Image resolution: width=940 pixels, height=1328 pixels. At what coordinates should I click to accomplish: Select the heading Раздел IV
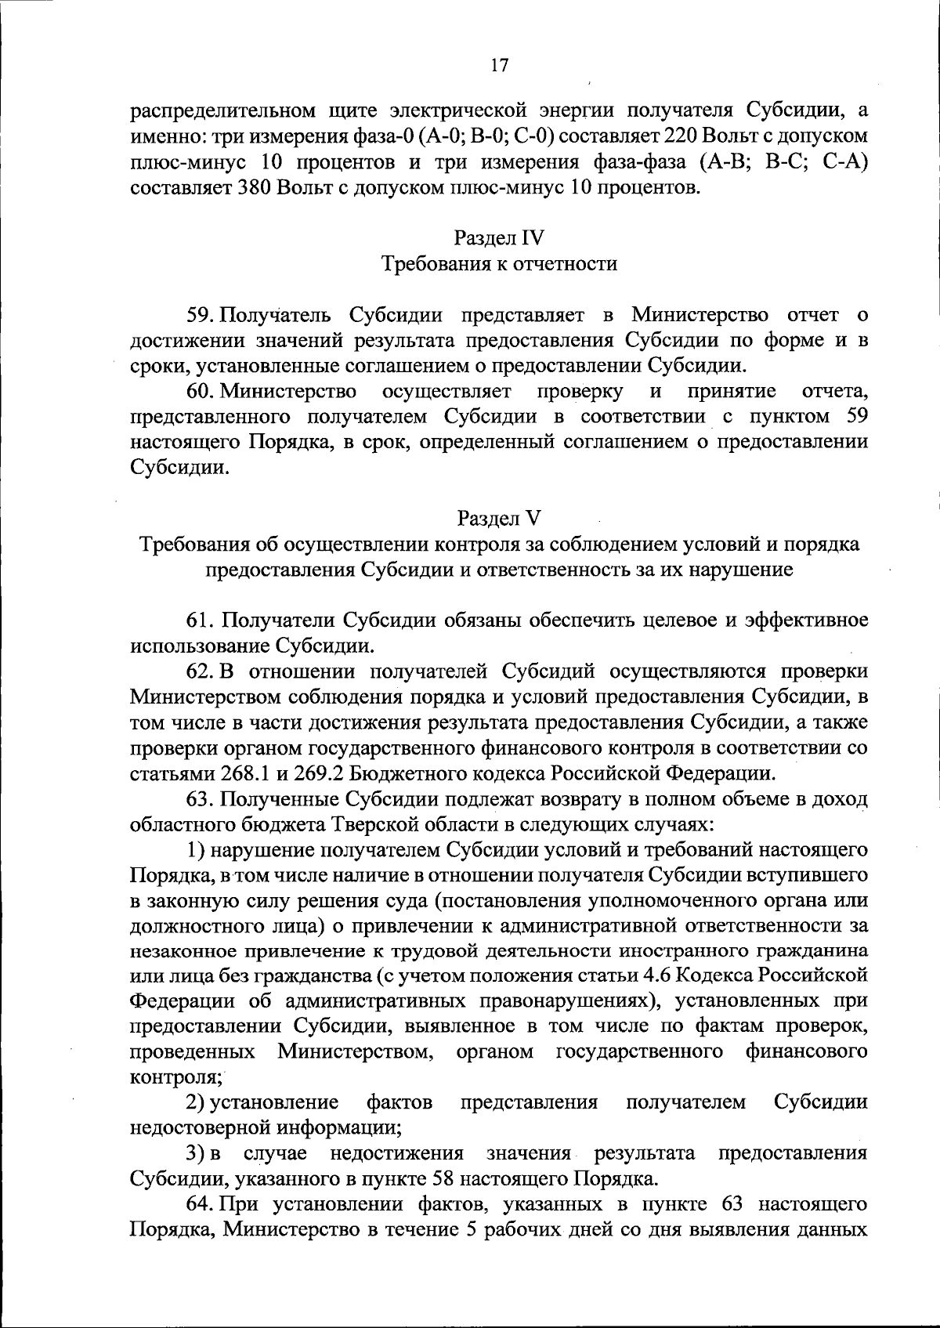pyautogui.click(x=499, y=238)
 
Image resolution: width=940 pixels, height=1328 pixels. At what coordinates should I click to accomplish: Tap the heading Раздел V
pyautogui.click(x=499, y=518)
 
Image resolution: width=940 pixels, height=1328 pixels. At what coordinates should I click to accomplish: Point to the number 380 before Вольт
pyautogui.click(x=250, y=188)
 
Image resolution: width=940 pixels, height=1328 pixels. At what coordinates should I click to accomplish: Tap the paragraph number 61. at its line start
pyautogui.click(x=201, y=621)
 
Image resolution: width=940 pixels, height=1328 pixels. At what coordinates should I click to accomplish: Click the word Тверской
pyautogui.click(x=376, y=825)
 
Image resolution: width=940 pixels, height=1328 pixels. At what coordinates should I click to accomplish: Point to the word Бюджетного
pyautogui.click(x=409, y=774)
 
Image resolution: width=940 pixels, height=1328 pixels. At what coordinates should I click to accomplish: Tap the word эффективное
pyautogui.click(x=806, y=621)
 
